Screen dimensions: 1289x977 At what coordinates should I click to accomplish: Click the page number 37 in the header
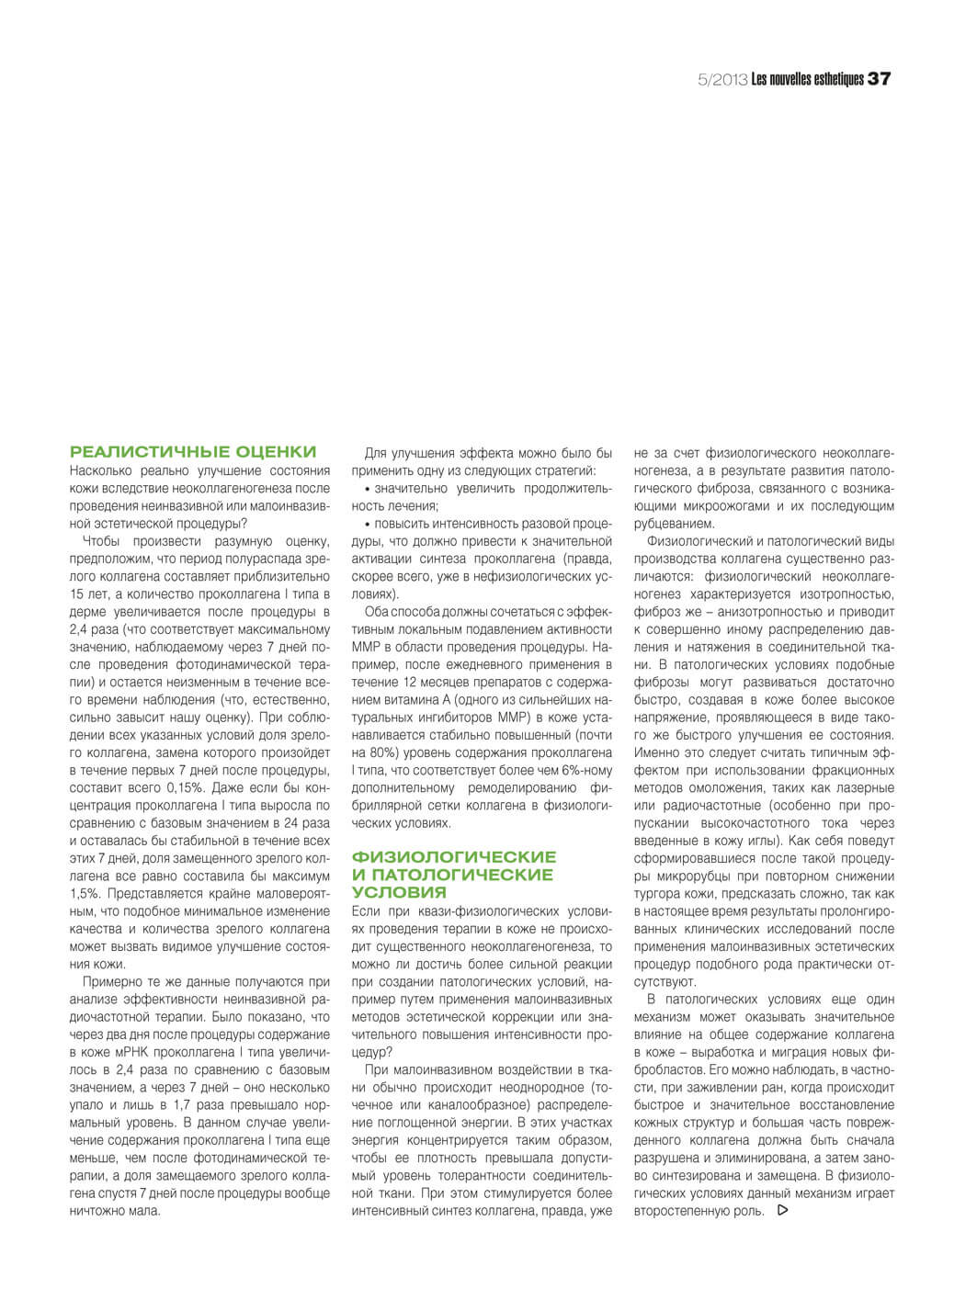[879, 79]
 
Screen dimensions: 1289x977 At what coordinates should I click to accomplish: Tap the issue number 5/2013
[722, 80]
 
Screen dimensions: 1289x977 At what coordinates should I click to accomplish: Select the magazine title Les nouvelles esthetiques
[807, 80]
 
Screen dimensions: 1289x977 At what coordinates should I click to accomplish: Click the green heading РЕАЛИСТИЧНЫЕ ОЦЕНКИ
[193, 452]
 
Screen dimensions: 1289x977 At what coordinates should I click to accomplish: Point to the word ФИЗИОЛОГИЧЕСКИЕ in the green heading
[454, 857]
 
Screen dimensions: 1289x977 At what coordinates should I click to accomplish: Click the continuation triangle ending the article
[782, 1211]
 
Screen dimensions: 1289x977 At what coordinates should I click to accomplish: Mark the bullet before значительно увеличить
[368, 489]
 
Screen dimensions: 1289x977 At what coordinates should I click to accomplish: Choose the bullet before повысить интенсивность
[368, 524]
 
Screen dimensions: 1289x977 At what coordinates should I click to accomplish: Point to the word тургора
[659, 893]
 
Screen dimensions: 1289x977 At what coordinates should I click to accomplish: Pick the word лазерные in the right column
[863, 787]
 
